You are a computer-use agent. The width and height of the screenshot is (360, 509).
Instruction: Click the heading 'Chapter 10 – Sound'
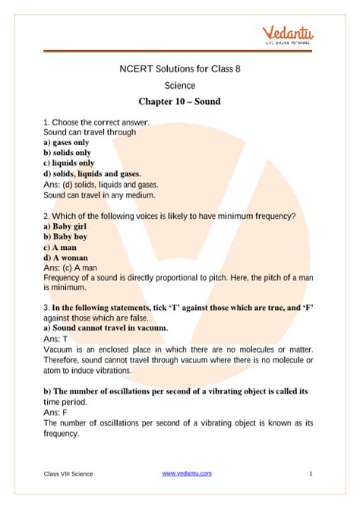coord(179,101)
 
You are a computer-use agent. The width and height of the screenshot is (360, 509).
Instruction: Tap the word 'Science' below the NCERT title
coord(180,85)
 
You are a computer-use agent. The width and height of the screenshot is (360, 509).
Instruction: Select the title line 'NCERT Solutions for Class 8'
coord(180,69)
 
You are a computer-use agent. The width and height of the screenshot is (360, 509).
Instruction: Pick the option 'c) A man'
coord(62,247)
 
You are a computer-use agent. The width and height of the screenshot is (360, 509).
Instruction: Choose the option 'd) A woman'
coord(67,258)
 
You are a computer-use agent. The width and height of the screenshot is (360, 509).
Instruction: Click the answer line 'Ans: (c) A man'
coord(70,267)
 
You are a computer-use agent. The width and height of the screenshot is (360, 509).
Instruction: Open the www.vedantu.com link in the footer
coord(187,473)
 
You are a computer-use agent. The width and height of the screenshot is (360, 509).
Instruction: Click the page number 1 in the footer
coord(311,473)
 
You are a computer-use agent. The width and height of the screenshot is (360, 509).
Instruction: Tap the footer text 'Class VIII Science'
coord(68,474)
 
